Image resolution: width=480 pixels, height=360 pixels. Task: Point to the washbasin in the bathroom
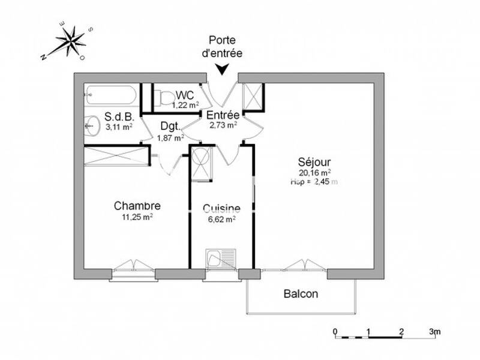pos(91,124)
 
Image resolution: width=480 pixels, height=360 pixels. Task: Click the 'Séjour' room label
pos(314,161)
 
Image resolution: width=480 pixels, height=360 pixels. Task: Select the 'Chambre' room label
pos(137,206)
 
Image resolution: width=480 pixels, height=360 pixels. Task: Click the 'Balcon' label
pos(301,294)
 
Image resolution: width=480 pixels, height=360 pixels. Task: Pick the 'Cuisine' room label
pos(221,209)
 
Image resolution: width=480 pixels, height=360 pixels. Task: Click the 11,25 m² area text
pos(137,217)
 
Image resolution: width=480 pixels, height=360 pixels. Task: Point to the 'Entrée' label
pos(223,115)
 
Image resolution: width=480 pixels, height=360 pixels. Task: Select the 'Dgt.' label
pos(169,127)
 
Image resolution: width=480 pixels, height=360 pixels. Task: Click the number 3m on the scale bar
pos(435,331)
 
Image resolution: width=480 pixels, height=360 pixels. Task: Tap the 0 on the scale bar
pos(336,331)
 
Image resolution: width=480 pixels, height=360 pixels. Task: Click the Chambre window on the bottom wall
pos(133,268)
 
